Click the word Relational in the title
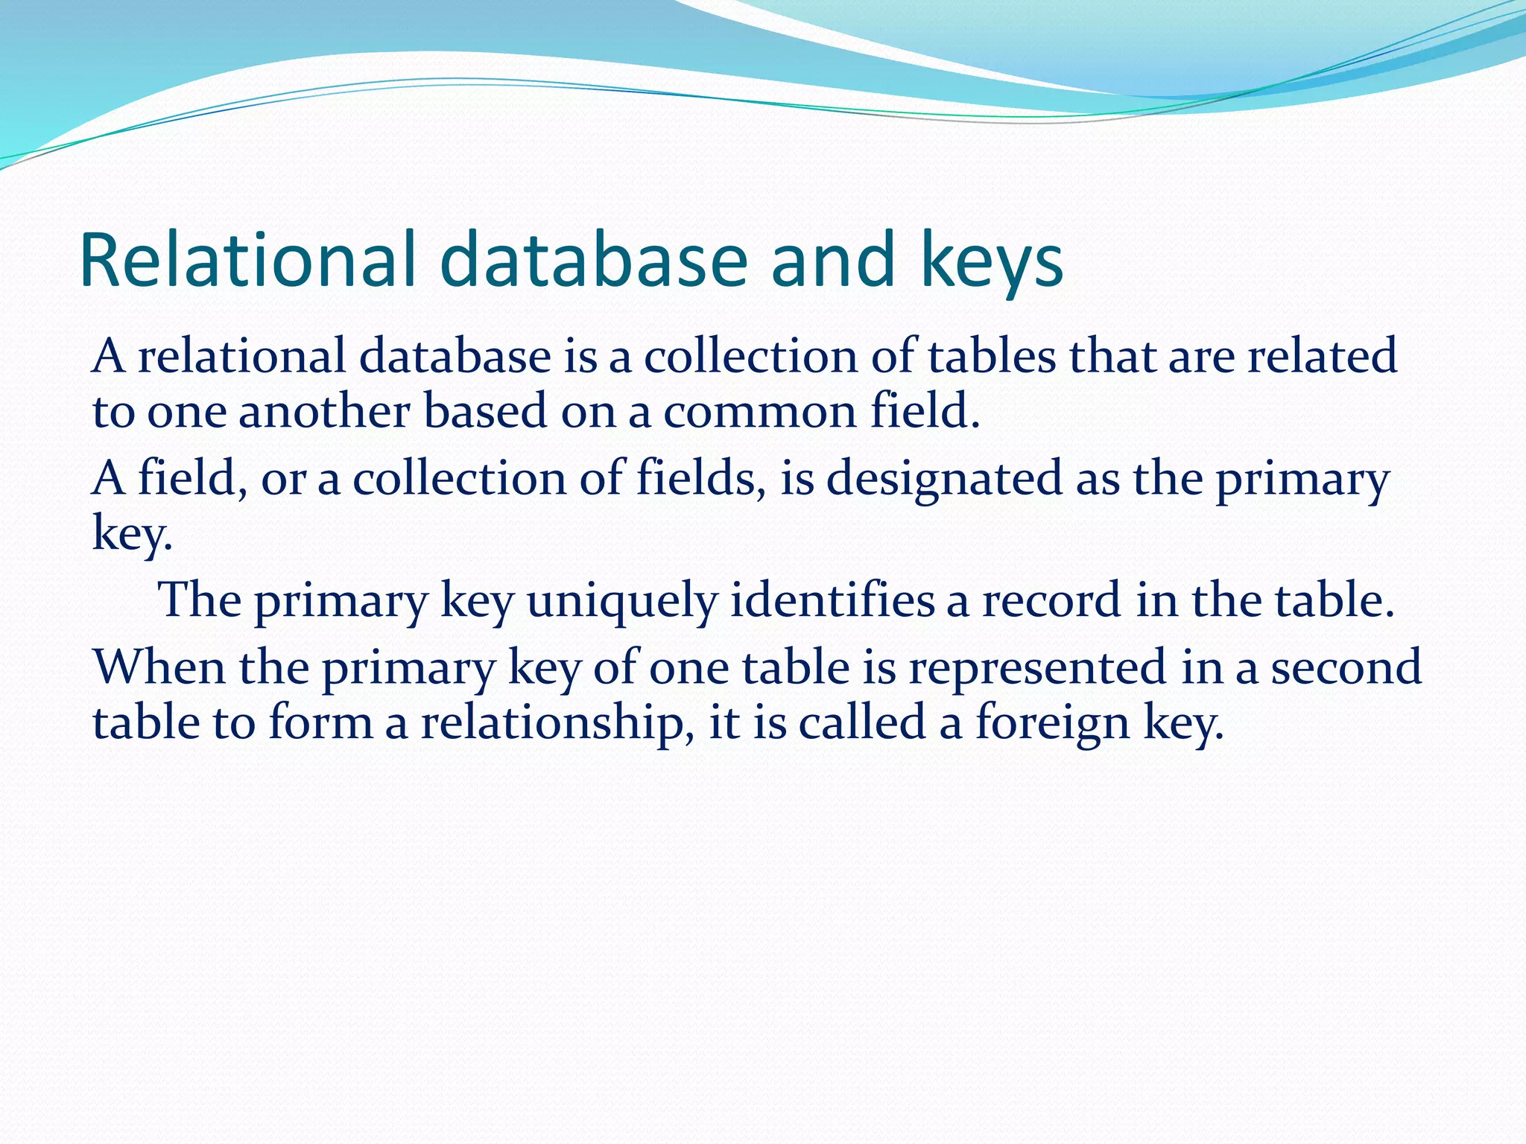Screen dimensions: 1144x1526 pos(247,260)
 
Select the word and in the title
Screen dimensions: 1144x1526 pos(832,260)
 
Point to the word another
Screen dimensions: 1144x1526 pos(323,412)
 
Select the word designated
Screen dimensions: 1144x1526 pos(944,479)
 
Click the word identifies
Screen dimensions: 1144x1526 pos(832,600)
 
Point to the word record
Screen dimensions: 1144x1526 pos(1051,600)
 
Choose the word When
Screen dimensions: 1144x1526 pos(159,667)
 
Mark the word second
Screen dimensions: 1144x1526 pos(1346,667)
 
